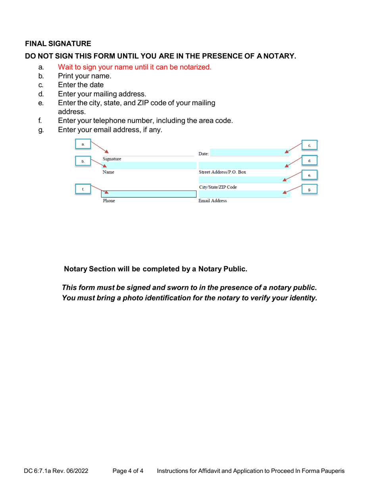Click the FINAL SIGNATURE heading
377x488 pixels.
click(58, 43)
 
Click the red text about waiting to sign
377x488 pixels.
click(135, 67)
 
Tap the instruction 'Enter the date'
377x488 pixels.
click(81, 85)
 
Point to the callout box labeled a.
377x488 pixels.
click(83, 144)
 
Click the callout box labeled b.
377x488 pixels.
click(83, 161)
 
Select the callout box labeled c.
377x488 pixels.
click(309, 146)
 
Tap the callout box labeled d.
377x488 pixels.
click(309, 160)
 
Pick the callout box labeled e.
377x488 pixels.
click(309, 175)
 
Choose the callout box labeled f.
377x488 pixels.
click(83, 190)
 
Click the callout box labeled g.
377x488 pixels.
click(309, 190)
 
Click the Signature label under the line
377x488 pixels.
click(112, 159)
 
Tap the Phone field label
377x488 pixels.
click(109, 201)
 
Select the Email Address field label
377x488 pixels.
click(213, 201)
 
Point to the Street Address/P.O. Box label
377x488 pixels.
click(222, 172)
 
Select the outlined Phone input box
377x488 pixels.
click(149, 194)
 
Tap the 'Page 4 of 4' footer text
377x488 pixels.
click(128, 471)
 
